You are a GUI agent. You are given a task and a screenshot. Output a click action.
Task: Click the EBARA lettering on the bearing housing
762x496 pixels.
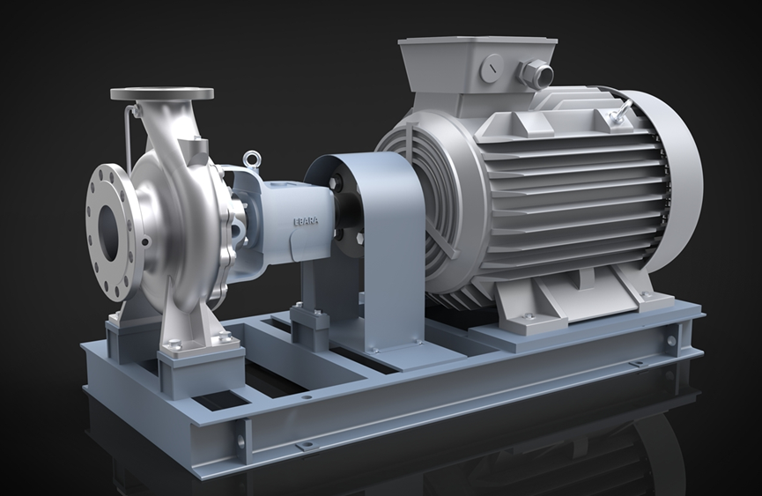click(x=306, y=220)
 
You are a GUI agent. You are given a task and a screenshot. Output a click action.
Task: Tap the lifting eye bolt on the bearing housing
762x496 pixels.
click(x=251, y=158)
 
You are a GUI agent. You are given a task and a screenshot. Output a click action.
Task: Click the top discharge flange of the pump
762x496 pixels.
click(x=162, y=93)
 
